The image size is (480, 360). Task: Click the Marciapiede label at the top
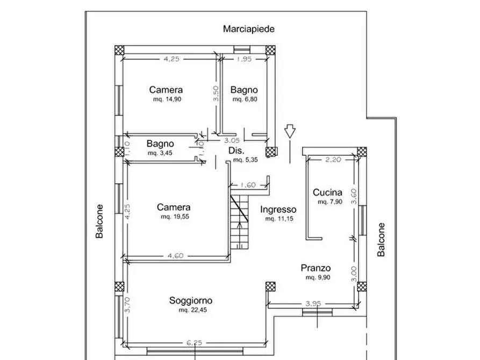pos(249,29)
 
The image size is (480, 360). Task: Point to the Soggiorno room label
pos(191,301)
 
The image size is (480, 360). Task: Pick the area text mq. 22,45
pos(191,310)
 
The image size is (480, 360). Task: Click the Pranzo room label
pos(316,268)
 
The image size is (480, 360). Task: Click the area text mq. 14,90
pos(166,99)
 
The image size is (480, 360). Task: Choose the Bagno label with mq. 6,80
pos(244,90)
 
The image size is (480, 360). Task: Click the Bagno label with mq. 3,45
pos(160,144)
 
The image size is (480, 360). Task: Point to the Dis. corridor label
pos(237,150)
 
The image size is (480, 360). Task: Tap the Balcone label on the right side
pos(381,240)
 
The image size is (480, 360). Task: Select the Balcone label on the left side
pos(99,221)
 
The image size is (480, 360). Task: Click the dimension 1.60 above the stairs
pos(248,185)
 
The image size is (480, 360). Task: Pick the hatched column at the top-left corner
pos(119,50)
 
